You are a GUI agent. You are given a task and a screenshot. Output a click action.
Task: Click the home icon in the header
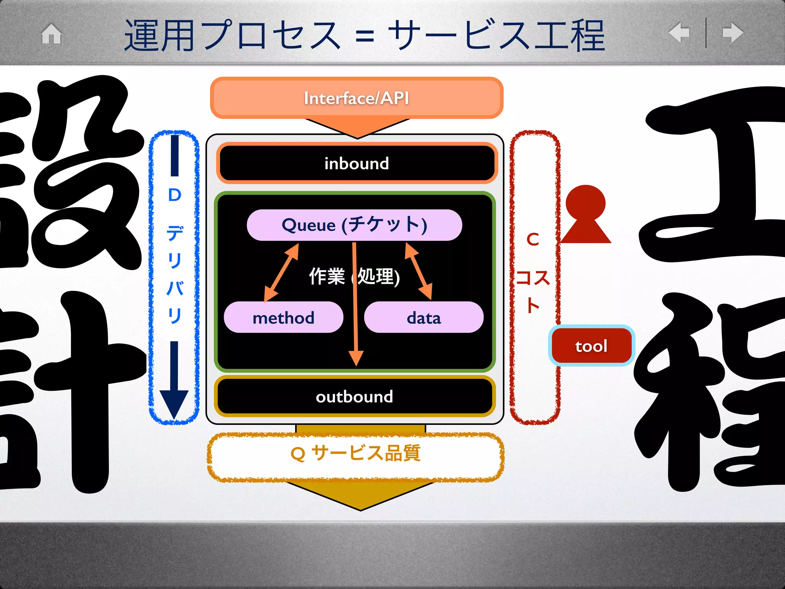tap(51, 34)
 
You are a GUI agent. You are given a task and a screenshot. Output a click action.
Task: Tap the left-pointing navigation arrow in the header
tap(679, 33)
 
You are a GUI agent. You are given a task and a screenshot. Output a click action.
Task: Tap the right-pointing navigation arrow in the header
tap(732, 33)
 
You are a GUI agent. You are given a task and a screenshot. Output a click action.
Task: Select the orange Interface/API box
tap(356, 98)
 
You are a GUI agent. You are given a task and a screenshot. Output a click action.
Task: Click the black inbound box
tap(356, 163)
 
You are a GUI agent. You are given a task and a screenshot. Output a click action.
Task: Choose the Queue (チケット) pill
tap(354, 225)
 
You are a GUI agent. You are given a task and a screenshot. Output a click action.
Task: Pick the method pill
tap(283, 318)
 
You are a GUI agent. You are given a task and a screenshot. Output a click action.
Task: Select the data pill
tap(424, 318)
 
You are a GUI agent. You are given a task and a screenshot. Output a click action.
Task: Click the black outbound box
tap(355, 397)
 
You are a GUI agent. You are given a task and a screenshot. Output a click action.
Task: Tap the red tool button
tap(591, 346)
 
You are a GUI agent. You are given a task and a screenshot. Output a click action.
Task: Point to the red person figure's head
tap(585, 203)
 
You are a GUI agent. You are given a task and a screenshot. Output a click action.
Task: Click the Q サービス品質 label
tap(355, 454)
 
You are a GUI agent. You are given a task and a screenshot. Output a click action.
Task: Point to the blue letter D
tap(174, 195)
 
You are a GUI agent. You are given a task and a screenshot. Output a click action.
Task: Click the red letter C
tap(533, 240)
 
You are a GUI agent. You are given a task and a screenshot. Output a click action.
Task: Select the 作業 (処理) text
tap(354, 276)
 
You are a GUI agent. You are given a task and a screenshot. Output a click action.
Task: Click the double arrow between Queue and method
tap(281, 273)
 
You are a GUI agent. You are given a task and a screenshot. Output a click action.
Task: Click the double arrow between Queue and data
tap(418, 271)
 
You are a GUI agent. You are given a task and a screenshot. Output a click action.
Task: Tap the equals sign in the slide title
tap(364, 37)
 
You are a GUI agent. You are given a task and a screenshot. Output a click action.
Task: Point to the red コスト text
tap(533, 290)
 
